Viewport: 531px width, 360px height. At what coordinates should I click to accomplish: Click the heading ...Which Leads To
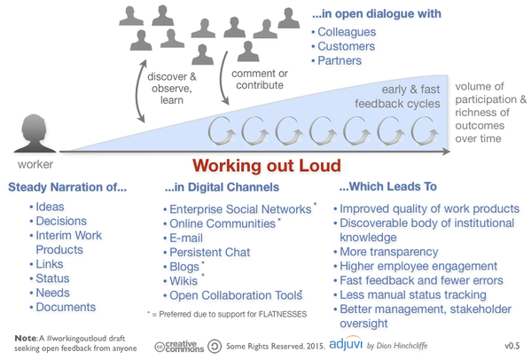391,188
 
